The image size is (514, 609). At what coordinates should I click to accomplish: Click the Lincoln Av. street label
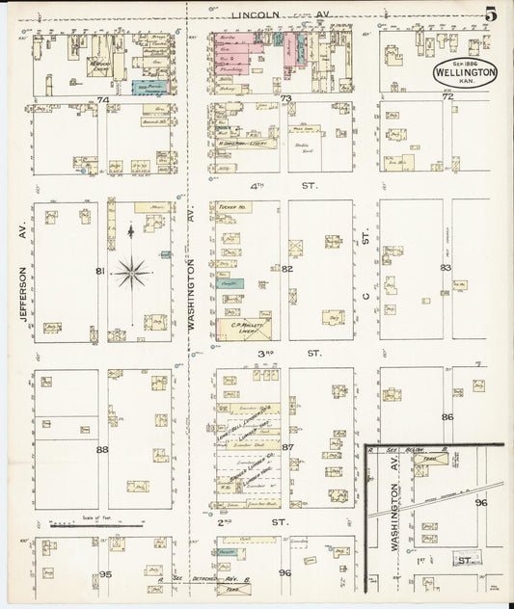[x=271, y=14]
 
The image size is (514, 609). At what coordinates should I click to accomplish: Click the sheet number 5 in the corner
[x=491, y=13]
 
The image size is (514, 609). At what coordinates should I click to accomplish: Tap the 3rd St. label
[x=286, y=354]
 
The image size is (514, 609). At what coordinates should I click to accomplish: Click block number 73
[x=285, y=99]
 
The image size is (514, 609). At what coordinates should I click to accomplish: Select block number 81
[x=99, y=272]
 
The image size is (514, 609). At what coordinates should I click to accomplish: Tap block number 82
[x=286, y=269]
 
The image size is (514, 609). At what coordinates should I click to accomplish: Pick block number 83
[x=446, y=268]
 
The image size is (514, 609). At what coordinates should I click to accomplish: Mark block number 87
[x=286, y=447]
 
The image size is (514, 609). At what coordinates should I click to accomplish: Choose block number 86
[x=446, y=416]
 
